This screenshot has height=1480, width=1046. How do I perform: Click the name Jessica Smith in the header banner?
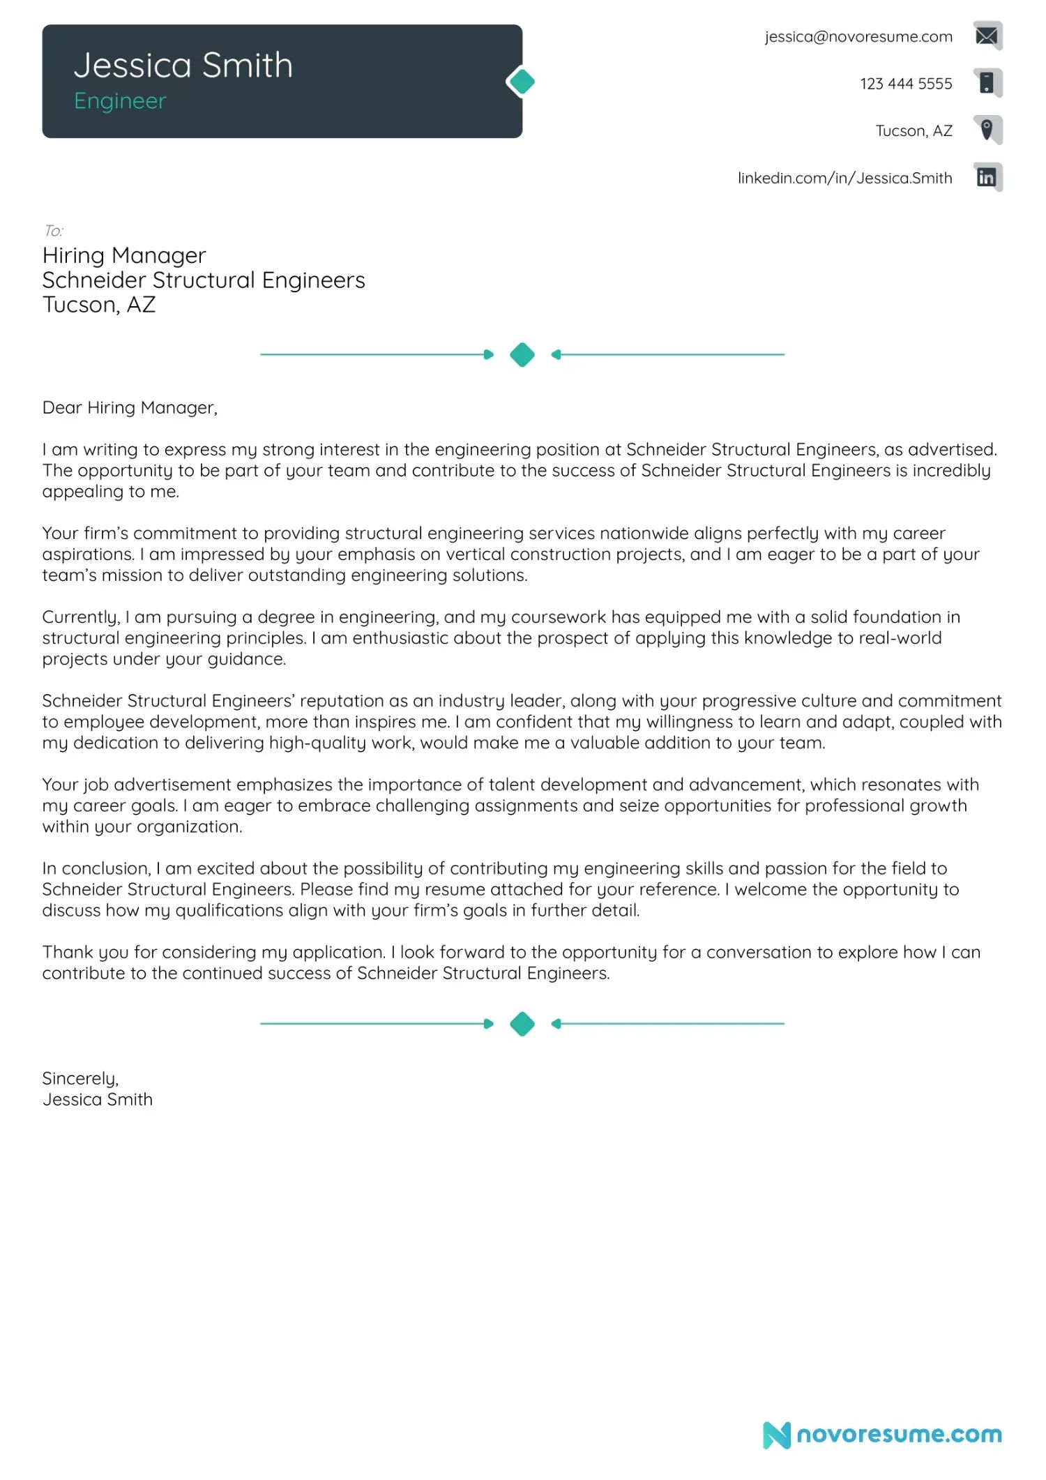pyautogui.click(x=183, y=66)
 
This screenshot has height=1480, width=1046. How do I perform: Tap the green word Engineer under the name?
pyautogui.click(x=120, y=101)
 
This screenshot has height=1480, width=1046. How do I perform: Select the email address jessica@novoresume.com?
pyautogui.click(x=858, y=37)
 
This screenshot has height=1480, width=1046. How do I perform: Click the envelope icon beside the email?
pyautogui.click(x=987, y=36)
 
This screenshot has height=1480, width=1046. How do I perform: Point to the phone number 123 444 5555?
pyautogui.click(x=905, y=84)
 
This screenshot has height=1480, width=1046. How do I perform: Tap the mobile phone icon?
pyautogui.click(x=987, y=83)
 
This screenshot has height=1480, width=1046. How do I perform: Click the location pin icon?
pyautogui.click(x=987, y=130)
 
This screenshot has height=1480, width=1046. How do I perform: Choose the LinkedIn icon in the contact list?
pyautogui.click(x=987, y=177)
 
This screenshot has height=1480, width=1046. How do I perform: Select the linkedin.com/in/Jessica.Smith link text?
pyautogui.click(x=844, y=179)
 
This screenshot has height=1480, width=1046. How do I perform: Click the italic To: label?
pyautogui.click(x=53, y=231)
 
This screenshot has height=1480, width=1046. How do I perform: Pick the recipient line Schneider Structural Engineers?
pyautogui.click(x=203, y=280)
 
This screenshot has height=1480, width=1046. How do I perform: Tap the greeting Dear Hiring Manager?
pyautogui.click(x=130, y=408)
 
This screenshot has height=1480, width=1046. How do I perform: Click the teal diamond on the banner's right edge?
pyautogui.click(x=522, y=82)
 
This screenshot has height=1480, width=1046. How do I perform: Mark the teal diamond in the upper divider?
pyautogui.click(x=522, y=354)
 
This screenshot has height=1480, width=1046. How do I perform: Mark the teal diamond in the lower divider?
pyautogui.click(x=522, y=1024)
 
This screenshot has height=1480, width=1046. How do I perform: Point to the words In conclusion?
pyautogui.click(x=96, y=868)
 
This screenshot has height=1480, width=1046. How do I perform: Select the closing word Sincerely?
pyautogui.click(x=80, y=1079)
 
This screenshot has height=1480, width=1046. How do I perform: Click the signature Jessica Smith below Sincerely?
pyautogui.click(x=97, y=1100)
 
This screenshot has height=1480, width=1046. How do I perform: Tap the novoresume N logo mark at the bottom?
pyautogui.click(x=776, y=1435)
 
